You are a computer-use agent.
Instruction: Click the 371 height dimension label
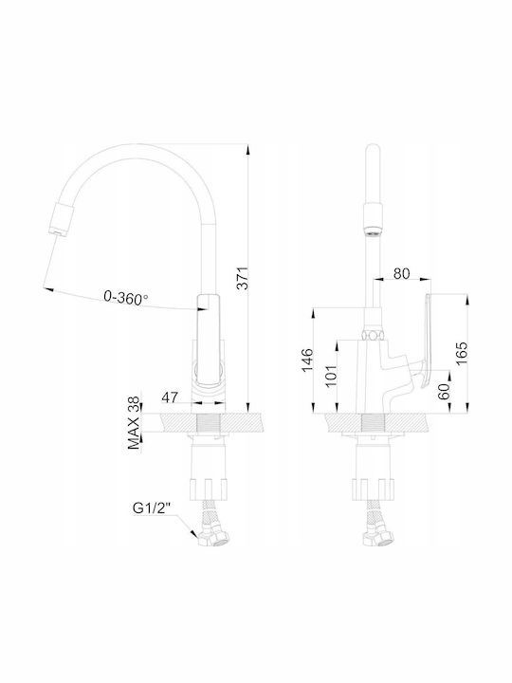point(243,277)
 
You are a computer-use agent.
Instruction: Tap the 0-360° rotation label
point(125,298)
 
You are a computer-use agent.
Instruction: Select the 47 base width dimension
point(170,397)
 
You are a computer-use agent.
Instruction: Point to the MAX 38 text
point(134,422)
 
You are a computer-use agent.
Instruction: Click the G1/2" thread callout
point(151,508)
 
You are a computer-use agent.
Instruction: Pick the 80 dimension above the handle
point(401,273)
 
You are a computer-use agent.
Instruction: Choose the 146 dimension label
point(307,360)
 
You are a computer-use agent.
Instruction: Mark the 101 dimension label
point(331,376)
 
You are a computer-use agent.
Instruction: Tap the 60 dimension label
point(444,391)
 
